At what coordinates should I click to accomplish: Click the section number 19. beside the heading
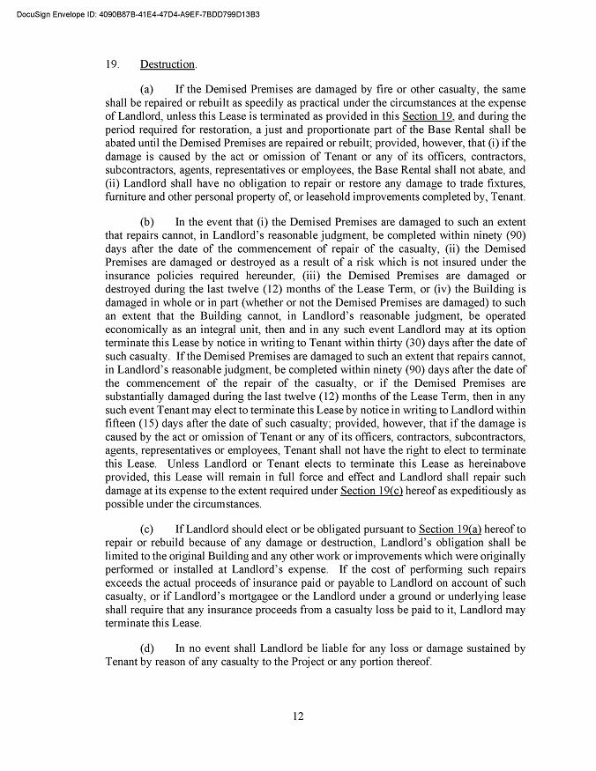coord(112,65)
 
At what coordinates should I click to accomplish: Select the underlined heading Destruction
coord(168,65)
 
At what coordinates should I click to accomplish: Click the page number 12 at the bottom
coord(298,716)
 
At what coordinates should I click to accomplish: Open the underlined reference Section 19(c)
coord(371,489)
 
